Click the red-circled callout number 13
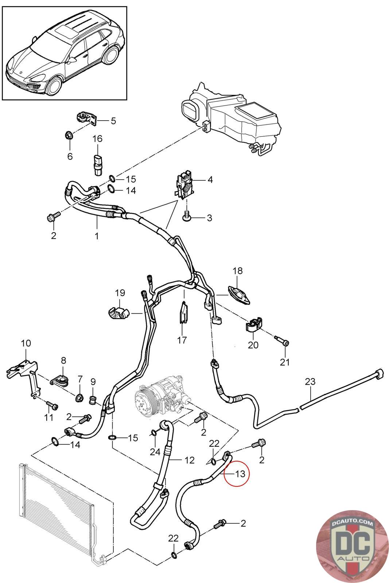(240, 474)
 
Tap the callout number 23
(310, 382)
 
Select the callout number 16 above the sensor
(97, 139)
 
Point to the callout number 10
(26, 343)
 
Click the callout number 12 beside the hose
(190, 460)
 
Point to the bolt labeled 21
(283, 343)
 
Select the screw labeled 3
(187, 217)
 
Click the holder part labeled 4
(184, 186)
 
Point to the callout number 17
(182, 340)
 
